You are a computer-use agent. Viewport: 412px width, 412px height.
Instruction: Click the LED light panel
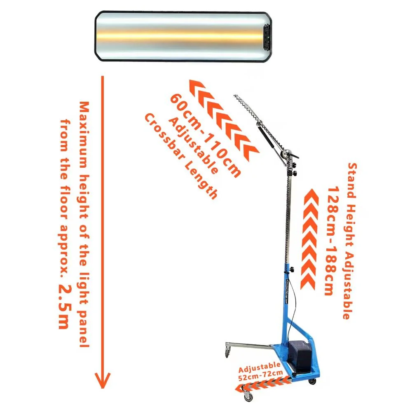(183, 36)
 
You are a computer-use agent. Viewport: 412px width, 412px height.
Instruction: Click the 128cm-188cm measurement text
(332, 241)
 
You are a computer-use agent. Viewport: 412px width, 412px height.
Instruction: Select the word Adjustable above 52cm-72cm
(259, 367)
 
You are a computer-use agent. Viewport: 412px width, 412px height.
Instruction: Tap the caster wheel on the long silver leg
(227, 351)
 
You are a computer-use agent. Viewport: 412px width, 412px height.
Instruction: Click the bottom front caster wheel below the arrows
(248, 396)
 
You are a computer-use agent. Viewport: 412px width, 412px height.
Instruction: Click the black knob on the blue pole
(291, 269)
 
